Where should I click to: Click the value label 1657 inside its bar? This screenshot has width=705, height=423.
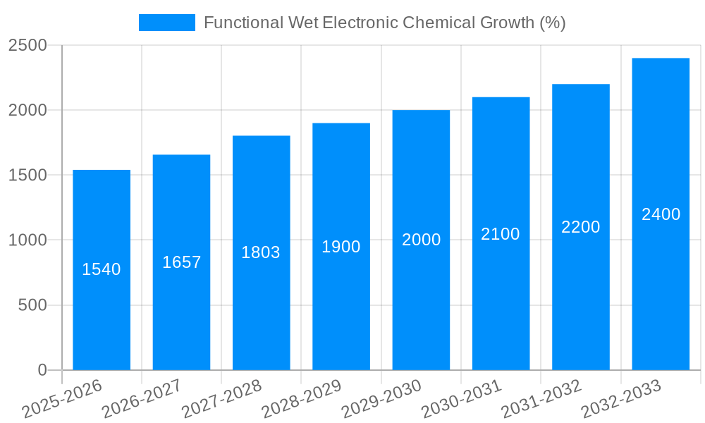click(182, 262)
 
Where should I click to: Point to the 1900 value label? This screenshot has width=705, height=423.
click(341, 247)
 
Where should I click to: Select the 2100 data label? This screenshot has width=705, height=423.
click(501, 234)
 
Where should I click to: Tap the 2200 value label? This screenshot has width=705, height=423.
click(581, 227)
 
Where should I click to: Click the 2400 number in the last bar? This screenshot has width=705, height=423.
click(661, 214)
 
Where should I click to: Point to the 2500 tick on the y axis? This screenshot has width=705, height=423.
click(27, 45)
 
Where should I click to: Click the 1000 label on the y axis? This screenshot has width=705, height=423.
click(27, 240)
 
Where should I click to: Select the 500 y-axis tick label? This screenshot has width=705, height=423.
click(32, 305)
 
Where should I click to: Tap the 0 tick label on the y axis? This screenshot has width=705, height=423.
click(42, 370)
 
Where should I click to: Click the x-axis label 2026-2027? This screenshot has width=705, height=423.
click(141, 399)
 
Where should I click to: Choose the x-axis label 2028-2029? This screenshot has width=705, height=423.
click(301, 399)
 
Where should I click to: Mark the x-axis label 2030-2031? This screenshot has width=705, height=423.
click(460, 399)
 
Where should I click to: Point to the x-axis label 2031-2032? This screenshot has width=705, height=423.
click(541, 399)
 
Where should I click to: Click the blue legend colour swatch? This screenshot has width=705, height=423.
click(167, 23)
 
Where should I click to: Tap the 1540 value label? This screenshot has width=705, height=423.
click(102, 269)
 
